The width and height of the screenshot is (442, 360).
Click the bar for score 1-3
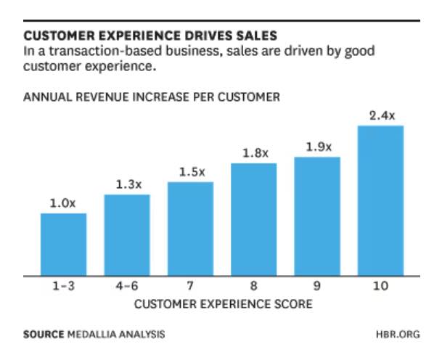coord(63,244)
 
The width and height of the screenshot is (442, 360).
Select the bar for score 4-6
coord(127,234)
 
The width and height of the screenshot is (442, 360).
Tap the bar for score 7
coord(190,228)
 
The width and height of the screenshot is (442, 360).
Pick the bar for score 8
coord(253,219)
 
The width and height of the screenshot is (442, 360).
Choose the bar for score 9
coord(316,216)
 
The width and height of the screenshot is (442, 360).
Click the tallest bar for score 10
coord(380,200)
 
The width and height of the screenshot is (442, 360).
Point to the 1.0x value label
coord(62,203)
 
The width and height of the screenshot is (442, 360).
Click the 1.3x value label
coord(127,185)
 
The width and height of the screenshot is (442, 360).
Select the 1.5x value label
coord(191,172)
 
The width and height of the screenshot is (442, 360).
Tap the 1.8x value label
coord(254,153)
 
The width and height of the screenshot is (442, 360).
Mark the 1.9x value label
coord(317,147)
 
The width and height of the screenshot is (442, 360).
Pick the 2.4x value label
coord(381,115)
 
